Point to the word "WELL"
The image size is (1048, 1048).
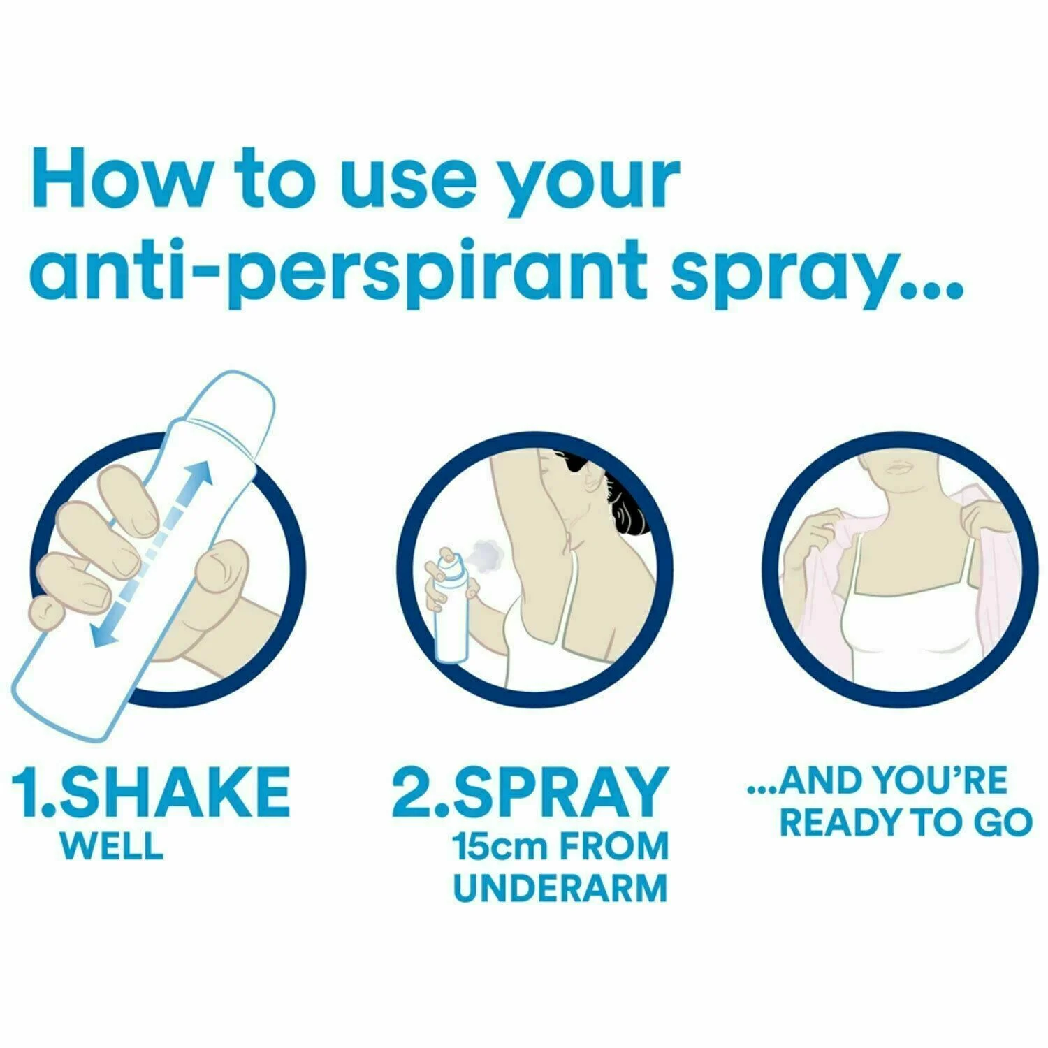112,846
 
